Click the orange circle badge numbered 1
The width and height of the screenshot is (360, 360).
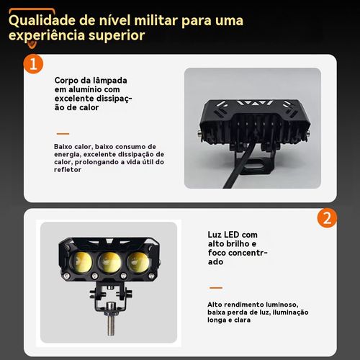click(33, 64)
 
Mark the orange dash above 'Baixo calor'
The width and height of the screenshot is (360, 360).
click(63, 134)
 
